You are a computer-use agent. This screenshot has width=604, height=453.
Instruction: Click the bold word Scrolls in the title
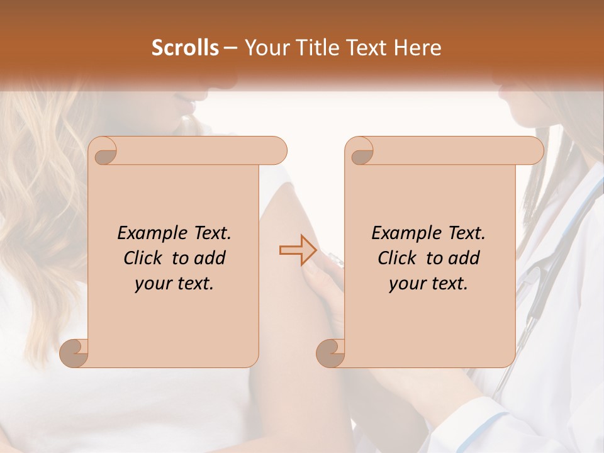[185, 48]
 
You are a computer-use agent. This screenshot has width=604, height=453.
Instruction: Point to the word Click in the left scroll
[145, 258]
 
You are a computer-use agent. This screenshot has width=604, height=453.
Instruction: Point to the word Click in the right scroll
[399, 258]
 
